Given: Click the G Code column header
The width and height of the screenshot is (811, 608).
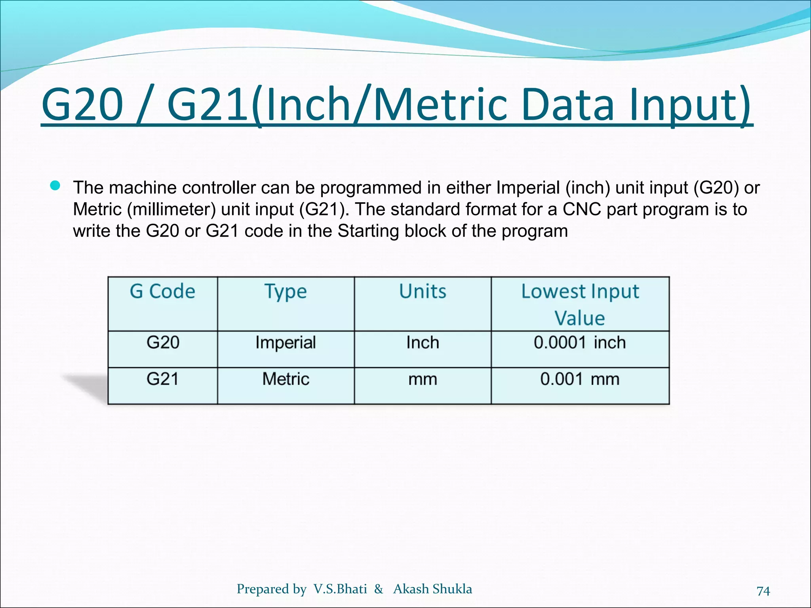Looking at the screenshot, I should [x=162, y=292].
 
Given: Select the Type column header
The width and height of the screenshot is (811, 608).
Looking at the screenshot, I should [x=286, y=292].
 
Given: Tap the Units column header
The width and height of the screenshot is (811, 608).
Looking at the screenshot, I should [x=423, y=292].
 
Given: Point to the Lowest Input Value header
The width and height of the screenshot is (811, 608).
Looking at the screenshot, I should [x=580, y=304].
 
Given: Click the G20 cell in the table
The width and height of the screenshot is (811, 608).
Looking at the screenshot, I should [x=163, y=342].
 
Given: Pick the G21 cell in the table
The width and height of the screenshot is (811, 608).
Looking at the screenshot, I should [x=162, y=379].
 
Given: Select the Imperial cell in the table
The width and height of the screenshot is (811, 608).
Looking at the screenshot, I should [x=286, y=343].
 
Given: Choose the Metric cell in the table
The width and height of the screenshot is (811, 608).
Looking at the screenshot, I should [x=286, y=379].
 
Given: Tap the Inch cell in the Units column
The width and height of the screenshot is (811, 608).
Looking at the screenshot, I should [x=423, y=343].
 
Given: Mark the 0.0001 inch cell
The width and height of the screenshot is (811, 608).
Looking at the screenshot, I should [x=580, y=343].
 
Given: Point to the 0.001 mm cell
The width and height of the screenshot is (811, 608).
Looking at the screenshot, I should [x=580, y=379].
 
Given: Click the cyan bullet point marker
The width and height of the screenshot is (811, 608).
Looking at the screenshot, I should [x=55, y=186].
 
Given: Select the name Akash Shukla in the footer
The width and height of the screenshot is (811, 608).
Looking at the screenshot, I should [x=432, y=589].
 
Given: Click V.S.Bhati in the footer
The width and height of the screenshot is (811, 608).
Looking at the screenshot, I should [x=340, y=589].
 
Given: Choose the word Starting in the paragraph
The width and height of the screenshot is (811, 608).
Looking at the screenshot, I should [x=368, y=231].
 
